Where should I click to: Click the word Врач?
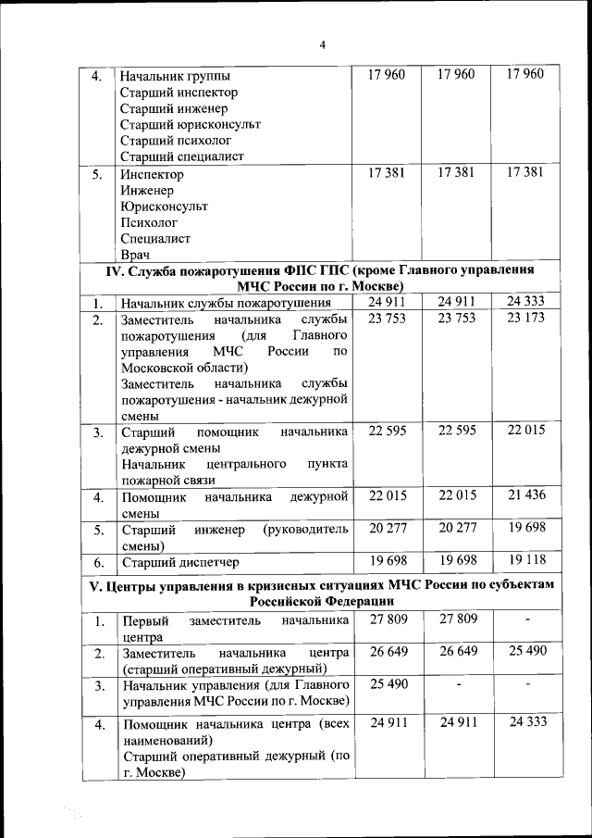[x=135, y=254]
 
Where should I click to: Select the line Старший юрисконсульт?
[x=191, y=124]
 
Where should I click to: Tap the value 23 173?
[x=526, y=318]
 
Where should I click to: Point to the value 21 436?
[x=526, y=496]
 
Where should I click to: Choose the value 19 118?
[x=526, y=560]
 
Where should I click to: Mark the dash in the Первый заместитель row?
[x=526, y=619]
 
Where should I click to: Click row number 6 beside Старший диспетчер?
[x=98, y=562]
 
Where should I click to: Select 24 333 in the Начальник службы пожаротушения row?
[x=526, y=301]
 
